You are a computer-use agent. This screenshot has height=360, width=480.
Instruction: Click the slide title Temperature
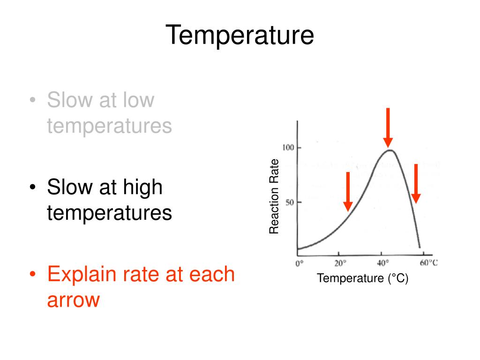click(x=240, y=36)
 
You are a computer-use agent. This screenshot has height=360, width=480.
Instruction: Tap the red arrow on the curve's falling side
click(x=416, y=183)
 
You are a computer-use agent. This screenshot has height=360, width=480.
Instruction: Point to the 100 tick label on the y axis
click(x=287, y=148)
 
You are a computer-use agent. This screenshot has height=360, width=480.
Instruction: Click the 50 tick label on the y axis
click(x=289, y=202)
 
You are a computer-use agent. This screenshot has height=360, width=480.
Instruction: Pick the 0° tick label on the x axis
click(x=300, y=263)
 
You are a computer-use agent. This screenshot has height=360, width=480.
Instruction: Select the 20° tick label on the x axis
click(x=340, y=263)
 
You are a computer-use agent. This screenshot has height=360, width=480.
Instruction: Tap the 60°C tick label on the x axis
click(x=428, y=262)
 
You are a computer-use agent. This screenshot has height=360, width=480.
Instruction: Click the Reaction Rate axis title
click(x=274, y=196)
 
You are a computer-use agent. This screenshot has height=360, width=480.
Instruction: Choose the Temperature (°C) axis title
click(x=363, y=278)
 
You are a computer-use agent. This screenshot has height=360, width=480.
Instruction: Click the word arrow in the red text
click(x=73, y=300)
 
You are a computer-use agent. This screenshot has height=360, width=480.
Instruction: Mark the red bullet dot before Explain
click(x=32, y=275)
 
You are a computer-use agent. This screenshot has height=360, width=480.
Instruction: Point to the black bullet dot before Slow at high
click(x=32, y=188)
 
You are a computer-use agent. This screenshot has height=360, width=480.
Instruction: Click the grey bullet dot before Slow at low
click(x=32, y=101)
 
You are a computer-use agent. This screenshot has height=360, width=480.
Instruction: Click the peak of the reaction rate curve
click(x=390, y=150)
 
